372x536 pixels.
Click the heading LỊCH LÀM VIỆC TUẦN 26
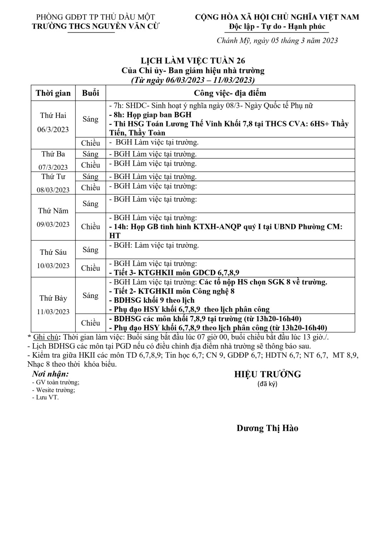point(192,61)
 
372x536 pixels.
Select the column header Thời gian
point(53,93)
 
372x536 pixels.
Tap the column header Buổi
point(90,93)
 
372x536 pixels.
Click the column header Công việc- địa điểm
point(230,93)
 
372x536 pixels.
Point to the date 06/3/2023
point(53,129)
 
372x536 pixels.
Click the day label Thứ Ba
point(53,154)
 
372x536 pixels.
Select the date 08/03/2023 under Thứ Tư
point(53,189)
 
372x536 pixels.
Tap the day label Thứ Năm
point(53,211)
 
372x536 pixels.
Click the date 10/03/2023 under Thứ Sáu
point(53,266)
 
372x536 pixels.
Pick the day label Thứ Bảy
point(53,298)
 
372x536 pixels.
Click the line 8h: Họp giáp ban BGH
point(150,115)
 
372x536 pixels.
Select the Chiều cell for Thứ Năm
point(90,227)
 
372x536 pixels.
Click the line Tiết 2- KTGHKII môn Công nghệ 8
point(172,291)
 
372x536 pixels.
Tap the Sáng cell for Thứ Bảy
point(90,296)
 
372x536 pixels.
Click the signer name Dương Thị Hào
point(267,428)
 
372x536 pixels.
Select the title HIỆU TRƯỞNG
point(268,374)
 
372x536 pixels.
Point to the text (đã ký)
point(267,384)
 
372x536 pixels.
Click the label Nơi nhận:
point(50,374)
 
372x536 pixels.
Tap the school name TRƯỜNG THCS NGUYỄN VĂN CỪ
point(96,26)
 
